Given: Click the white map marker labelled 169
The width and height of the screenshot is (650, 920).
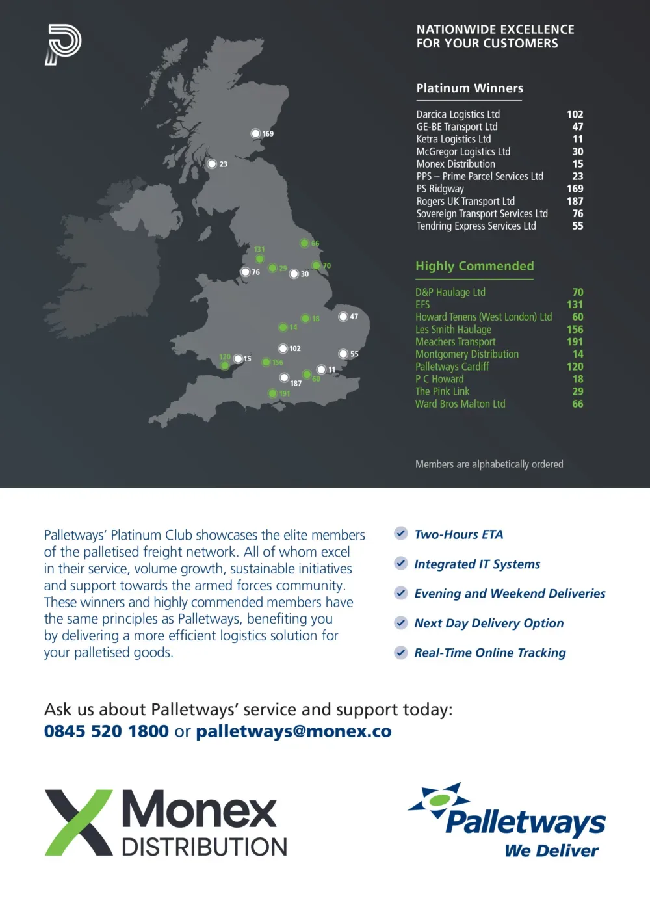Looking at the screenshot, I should pyautogui.click(x=255, y=133).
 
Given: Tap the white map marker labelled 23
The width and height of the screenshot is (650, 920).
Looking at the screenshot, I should pyautogui.click(x=212, y=164).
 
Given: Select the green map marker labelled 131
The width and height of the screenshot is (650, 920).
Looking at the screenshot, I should pyautogui.click(x=259, y=259).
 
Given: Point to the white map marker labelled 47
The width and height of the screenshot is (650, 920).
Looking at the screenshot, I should pyautogui.click(x=343, y=317).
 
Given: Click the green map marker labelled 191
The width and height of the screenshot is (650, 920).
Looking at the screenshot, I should pyautogui.click(x=273, y=393).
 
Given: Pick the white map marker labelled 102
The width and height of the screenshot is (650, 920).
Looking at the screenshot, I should pyautogui.click(x=283, y=348).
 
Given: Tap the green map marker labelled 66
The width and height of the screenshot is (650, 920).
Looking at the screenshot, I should pyautogui.click(x=304, y=243).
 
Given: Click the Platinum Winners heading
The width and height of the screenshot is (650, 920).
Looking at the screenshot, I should pyautogui.click(x=469, y=88).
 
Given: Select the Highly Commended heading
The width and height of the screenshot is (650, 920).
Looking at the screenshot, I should pyautogui.click(x=474, y=266).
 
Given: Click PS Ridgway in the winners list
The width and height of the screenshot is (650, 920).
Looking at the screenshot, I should pyautogui.click(x=440, y=189).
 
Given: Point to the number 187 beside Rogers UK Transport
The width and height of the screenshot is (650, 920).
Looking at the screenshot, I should pyautogui.click(x=575, y=201).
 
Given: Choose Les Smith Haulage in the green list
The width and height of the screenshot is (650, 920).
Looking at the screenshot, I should pyautogui.click(x=453, y=330).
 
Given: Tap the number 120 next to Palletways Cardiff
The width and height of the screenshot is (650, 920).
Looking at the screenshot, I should pyautogui.click(x=575, y=367).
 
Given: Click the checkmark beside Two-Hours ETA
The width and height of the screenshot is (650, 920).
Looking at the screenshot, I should pyautogui.click(x=401, y=534).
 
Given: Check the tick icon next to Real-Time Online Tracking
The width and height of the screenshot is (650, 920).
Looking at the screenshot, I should pyautogui.click(x=401, y=652).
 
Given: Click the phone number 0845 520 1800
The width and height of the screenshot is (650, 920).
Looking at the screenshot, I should pyautogui.click(x=107, y=731).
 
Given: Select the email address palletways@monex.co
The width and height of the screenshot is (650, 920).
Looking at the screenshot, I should pyautogui.click(x=294, y=731).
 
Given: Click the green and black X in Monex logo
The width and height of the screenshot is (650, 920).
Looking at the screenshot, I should pyautogui.click(x=79, y=822).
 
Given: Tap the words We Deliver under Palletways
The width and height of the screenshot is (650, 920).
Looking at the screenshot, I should pyautogui.click(x=551, y=850).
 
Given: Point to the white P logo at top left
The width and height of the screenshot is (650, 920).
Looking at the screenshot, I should pyautogui.click(x=63, y=44).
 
